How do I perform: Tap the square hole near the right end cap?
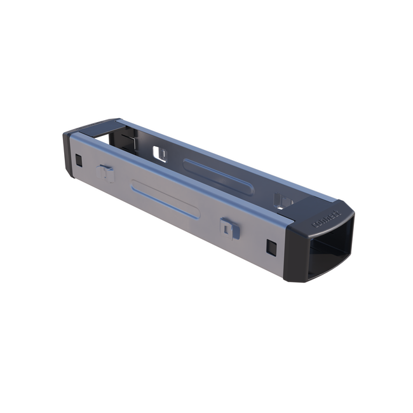click(272, 248)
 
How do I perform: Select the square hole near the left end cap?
click(78, 160)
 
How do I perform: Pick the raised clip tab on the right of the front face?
click(229, 227)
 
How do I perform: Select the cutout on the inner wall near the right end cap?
click(282, 201)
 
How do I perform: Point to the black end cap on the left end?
click(68, 152)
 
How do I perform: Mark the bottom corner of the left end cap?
click(71, 175)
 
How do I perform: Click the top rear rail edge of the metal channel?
click(222, 156)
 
